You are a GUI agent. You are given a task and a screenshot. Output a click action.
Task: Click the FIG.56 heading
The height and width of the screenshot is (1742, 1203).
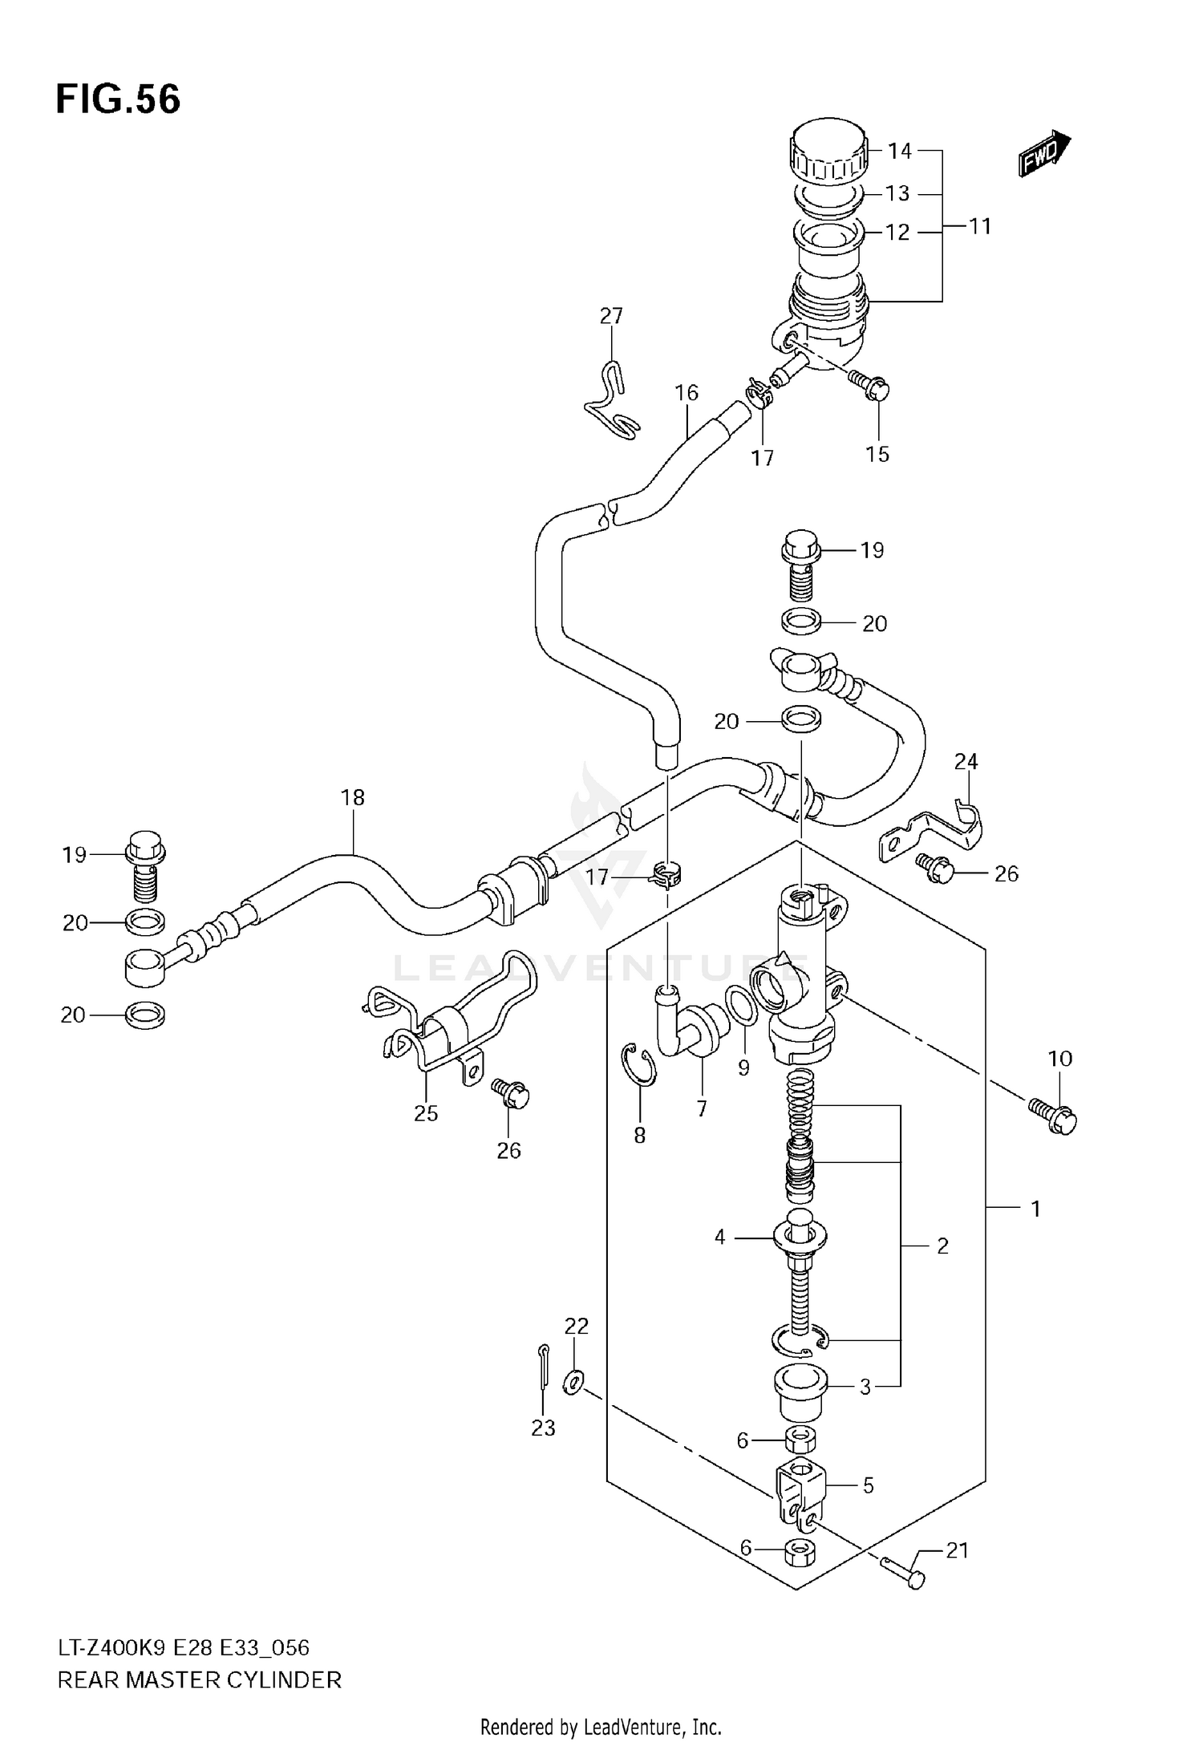pos(118,100)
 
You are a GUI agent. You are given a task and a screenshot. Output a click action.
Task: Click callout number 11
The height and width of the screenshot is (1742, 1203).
pos(979,227)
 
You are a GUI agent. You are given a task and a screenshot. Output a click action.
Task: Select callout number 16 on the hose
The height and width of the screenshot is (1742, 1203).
pos(687,393)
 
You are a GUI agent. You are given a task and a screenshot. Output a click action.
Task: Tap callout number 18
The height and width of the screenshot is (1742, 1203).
pos(352,797)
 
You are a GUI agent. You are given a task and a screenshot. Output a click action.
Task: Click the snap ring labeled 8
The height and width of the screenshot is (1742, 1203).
pos(640,1064)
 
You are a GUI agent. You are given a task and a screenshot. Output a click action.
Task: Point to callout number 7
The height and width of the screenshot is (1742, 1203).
pos(702,1109)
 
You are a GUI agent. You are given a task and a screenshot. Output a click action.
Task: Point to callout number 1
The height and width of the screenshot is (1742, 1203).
pos(1035,1209)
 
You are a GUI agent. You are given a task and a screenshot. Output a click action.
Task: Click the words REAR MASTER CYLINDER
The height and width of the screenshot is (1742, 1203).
pos(199,1679)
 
